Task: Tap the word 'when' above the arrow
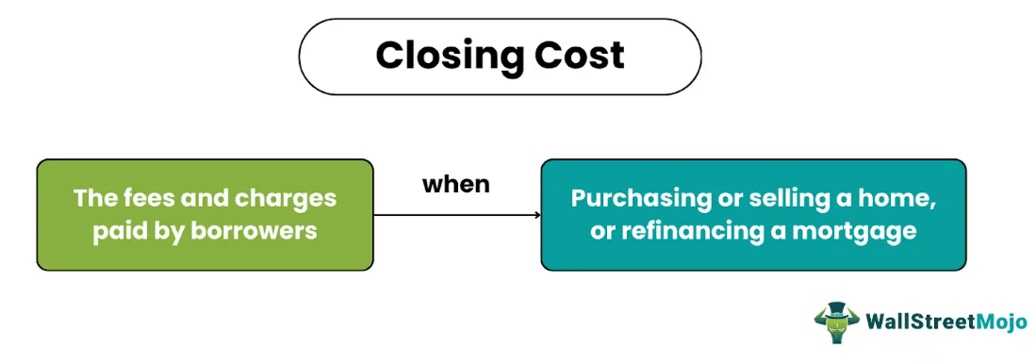pos(455,184)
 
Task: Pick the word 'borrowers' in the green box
pos(257,231)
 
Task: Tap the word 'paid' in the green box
pos(121,231)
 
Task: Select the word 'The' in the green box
pos(92,199)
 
